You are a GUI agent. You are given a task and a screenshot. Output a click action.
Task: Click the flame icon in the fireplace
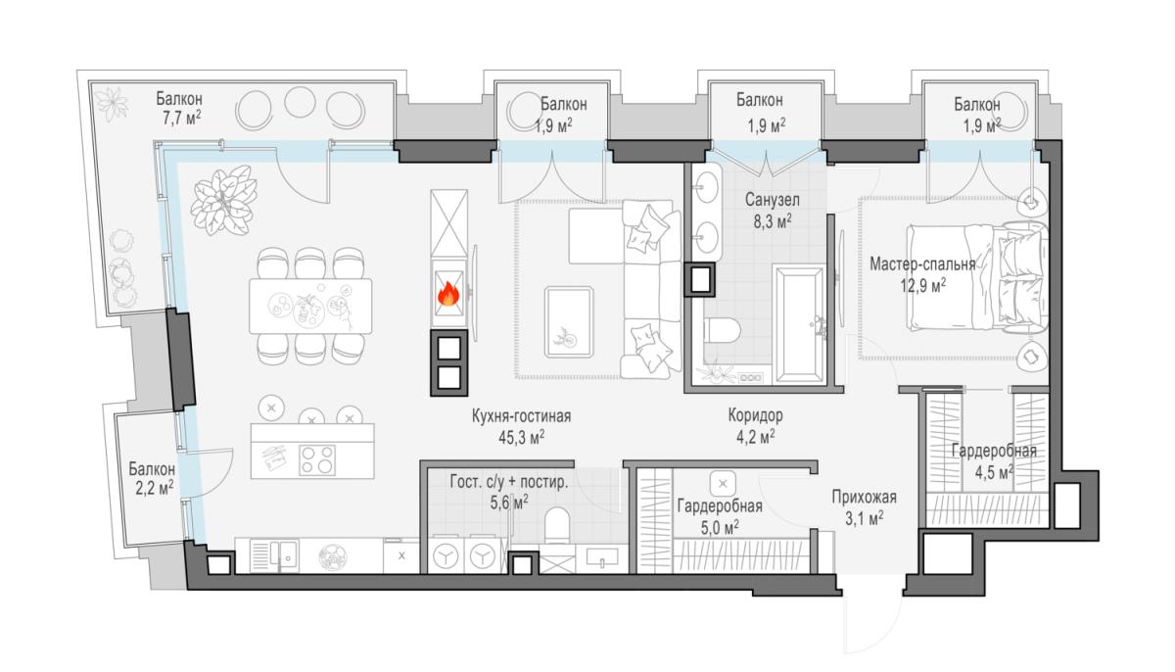[448, 294]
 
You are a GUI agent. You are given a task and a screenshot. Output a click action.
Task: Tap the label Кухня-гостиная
[521, 416]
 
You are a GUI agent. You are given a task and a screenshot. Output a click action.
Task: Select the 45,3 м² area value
[521, 437]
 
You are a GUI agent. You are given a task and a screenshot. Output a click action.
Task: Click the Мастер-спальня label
[922, 264]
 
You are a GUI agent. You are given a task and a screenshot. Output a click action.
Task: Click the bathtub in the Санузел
[798, 324]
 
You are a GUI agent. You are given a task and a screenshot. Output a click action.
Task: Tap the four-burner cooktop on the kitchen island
[317, 460]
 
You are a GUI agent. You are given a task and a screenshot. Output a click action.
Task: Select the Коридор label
[755, 415]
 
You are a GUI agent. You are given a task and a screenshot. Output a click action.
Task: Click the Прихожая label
[864, 497]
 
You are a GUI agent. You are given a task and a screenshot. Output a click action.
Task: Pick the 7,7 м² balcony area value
[181, 119]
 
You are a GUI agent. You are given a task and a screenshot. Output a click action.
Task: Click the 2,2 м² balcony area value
[155, 489]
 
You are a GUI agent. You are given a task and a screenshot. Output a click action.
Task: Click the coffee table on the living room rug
[569, 321]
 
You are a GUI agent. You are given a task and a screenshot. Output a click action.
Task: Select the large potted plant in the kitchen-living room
[223, 200]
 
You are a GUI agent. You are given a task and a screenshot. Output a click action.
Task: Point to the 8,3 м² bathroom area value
[773, 221]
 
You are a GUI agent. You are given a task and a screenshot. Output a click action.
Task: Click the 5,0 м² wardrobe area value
[720, 527]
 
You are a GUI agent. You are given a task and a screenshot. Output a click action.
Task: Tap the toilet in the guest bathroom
[557, 525]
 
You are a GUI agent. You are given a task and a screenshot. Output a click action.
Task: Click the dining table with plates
[310, 306]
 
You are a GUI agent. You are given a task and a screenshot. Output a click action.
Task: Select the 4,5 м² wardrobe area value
[994, 472]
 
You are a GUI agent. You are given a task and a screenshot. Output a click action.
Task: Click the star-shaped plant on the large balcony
[112, 104]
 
